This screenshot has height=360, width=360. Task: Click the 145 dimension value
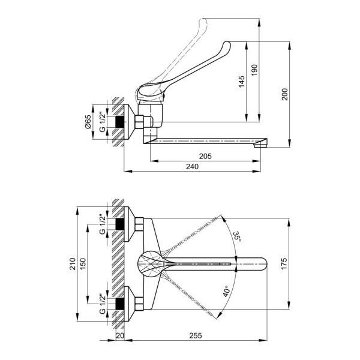click(241, 83)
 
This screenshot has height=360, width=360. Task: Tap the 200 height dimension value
click(285, 94)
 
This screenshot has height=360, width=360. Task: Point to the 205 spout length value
click(206, 156)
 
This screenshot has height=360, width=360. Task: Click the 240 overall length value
click(191, 166)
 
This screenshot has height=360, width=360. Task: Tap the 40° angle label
click(226, 292)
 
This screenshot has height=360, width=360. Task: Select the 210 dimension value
click(73, 264)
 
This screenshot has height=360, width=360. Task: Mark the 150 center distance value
click(84, 264)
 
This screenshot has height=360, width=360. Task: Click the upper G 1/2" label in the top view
click(101, 224)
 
